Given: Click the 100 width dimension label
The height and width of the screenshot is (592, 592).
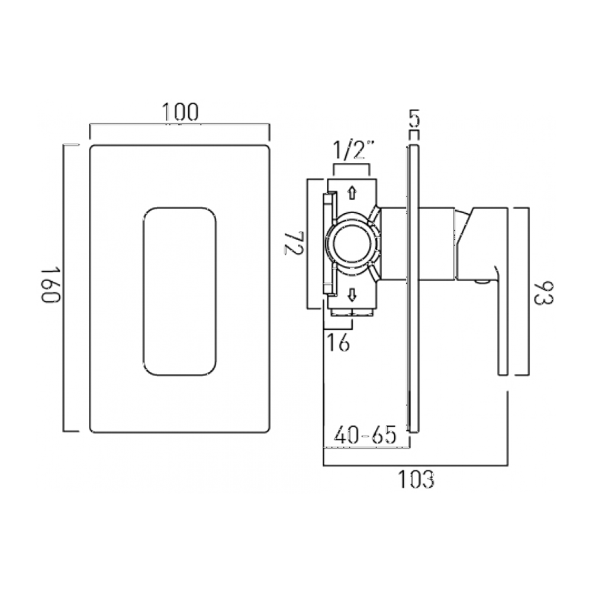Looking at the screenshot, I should (181, 112).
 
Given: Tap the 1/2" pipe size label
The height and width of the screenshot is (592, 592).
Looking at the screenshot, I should (353, 151).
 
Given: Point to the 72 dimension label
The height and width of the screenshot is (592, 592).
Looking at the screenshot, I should (294, 243).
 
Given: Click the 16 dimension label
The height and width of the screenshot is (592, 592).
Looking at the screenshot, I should (338, 342).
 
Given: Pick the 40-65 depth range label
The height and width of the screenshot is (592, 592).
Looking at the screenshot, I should (365, 436).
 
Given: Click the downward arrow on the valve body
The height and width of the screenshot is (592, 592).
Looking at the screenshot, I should (352, 294).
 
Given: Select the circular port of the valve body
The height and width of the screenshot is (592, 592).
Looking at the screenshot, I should (352, 243).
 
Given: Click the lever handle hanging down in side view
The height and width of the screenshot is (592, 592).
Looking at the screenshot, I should (503, 332).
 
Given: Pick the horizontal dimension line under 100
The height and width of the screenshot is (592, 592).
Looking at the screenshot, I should (179, 125).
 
